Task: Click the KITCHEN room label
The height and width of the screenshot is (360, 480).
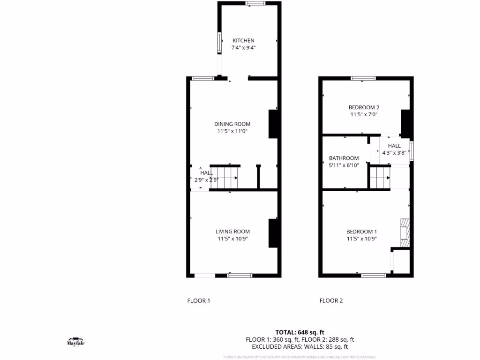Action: click(x=243, y=41)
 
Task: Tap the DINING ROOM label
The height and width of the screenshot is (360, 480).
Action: click(x=232, y=124)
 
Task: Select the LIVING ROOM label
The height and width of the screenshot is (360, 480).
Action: click(x=232, y=232)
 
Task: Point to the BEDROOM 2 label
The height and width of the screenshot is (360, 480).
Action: click(x=364, y=107)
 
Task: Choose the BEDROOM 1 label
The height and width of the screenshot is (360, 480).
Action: click(x=361, y=232)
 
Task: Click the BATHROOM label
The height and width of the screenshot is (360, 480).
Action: click(x=344, y=158)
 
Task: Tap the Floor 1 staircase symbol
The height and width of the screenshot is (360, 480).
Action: click(x=224, y=178)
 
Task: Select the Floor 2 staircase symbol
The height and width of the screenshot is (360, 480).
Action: click(x=380, y=178)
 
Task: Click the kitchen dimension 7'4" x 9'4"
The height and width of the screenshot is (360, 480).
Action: click(x=243, y=48)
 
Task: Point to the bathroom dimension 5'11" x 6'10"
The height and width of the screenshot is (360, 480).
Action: click(x=344, y=165)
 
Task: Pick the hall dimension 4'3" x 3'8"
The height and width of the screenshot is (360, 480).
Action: click(x=394, y=152)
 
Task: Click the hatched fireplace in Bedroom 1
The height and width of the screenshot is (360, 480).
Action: click(x=405, y=232)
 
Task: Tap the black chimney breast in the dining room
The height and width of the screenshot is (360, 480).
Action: click(x=273, y=124)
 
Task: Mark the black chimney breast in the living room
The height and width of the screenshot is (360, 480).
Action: click(x=273, y=233)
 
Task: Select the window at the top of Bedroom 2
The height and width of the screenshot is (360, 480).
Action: click(x=363, y=78)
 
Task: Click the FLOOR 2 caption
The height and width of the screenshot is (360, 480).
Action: click(x=331, y=301)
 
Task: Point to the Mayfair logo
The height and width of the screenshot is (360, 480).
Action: click(x=75, y=341)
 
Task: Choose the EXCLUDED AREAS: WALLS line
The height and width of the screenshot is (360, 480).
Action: click(x=300, y=347)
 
